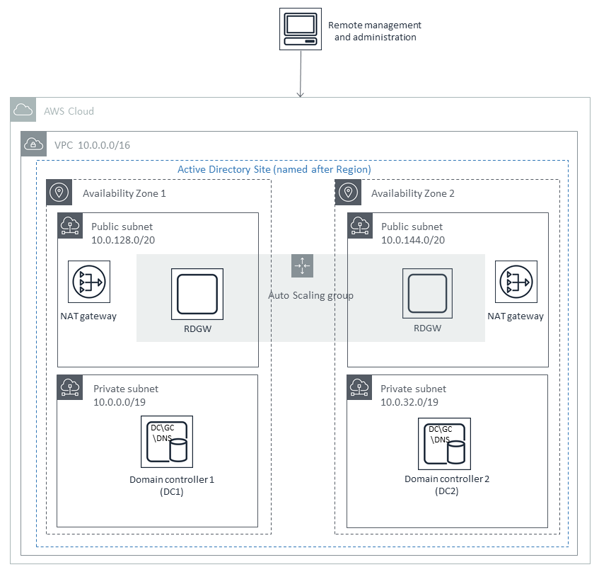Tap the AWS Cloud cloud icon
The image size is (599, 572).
[x=23, y=110]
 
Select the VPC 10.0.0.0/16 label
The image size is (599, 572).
[x=92, y=145]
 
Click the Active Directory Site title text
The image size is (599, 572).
[x=274, y=170]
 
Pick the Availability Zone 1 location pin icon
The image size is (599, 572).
[x=59, y=193]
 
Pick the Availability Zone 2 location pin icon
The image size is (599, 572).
[x=348, y=193]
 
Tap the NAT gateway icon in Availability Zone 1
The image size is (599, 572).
[x=88, y=282]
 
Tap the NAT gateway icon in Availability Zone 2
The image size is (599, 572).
[x=515, y=282]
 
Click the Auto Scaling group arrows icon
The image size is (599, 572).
[x=302, y=266]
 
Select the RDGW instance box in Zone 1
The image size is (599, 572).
[x=197, y=293]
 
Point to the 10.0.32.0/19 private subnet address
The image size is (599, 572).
[x=409, y=402]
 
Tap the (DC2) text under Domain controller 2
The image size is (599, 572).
[x=446, y=491]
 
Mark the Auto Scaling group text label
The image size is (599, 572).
[x=311, y=295]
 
